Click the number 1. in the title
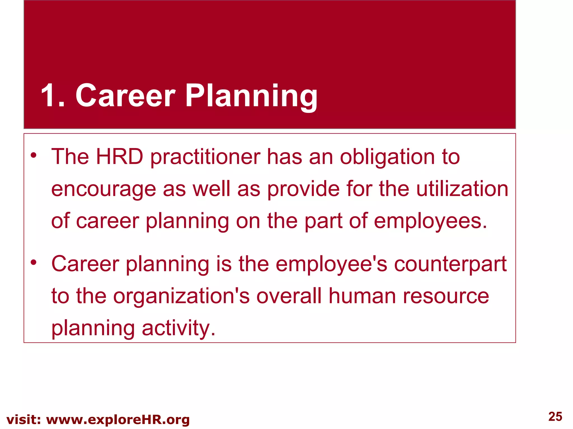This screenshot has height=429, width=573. coord(53,96)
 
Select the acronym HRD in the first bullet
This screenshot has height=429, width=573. coord(119,157)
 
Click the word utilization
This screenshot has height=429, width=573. coord(462,189)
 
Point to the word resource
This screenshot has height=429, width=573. coord(446,297)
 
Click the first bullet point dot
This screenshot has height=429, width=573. coord(34,155)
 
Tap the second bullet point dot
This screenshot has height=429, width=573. coord(34,263)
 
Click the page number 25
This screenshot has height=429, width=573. coord(555,416)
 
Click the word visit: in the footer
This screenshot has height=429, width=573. coord(24,420)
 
